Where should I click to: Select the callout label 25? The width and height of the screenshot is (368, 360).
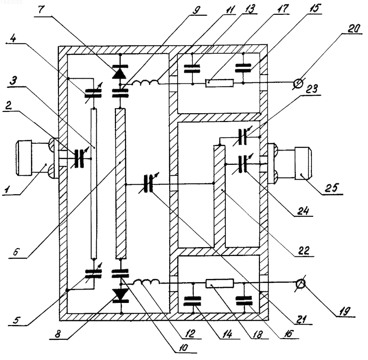tap(332, 188)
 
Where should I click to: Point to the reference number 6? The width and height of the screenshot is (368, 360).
tap(16, 252)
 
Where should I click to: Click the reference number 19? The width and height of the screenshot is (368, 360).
tap(345, 311)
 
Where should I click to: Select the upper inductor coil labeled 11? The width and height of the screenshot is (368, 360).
tap(145, 82)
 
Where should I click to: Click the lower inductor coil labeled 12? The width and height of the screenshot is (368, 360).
tap(147, 282)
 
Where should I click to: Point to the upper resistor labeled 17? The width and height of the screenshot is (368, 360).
tap(219, 83)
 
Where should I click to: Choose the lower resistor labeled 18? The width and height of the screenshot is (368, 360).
tap(220, 283)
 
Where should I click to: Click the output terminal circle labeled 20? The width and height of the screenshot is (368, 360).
tap(299, 83)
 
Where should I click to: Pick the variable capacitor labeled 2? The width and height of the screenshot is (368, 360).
tap(79, 158)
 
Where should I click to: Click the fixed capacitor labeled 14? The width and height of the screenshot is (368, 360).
tap(192, 301)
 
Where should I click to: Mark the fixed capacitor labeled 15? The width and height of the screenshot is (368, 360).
tap(243, 67)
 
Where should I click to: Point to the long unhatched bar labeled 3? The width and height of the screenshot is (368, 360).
tap(94, 184)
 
